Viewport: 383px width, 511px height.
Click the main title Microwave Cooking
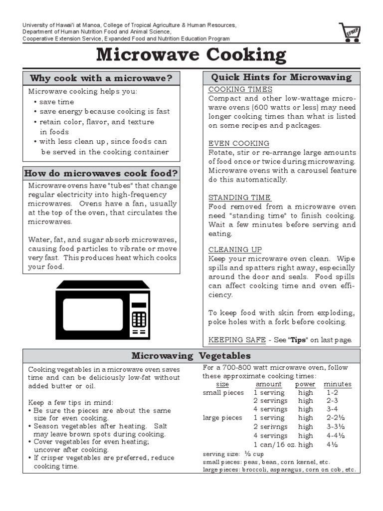(191, 55)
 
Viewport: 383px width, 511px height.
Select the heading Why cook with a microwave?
(101, 78)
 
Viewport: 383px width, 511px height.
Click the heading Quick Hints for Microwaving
(281, 77)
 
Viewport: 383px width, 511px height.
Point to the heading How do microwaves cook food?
(101, 174)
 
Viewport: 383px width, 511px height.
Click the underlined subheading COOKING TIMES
(240, 89)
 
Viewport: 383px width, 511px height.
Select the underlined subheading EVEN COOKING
(238, 143)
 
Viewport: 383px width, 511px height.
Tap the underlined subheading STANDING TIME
(239, 197)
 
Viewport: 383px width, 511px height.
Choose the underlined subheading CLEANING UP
(235, 250)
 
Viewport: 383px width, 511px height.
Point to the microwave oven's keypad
(139, 319)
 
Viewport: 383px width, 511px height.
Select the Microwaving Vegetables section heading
(191, 356)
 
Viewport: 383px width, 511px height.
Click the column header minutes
(338, 384)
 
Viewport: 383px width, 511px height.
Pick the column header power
(305, 384)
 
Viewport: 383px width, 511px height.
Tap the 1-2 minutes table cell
(332, 393)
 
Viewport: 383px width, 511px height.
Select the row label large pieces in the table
(222, 418)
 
